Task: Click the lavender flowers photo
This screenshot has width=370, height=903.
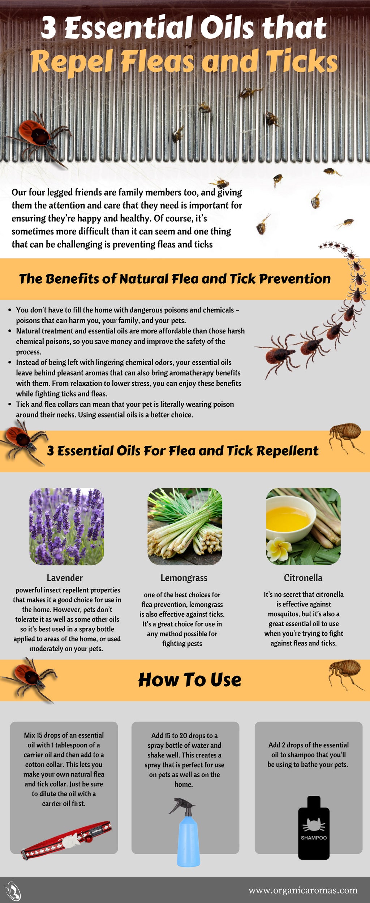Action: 66,526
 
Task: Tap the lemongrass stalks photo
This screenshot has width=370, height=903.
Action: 185,526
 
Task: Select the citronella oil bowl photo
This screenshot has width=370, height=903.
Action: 303,526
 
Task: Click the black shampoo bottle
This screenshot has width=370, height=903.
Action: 314,828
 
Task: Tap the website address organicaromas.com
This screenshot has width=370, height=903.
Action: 303,890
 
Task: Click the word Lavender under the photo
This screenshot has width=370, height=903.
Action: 65,578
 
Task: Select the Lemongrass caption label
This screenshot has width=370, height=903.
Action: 184,578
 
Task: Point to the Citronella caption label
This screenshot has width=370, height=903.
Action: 303,578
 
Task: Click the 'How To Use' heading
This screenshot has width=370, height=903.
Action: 189,680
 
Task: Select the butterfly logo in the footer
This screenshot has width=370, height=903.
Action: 13,890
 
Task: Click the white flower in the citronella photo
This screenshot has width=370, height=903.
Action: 279,549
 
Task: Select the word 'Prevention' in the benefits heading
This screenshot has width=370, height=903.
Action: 295,279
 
